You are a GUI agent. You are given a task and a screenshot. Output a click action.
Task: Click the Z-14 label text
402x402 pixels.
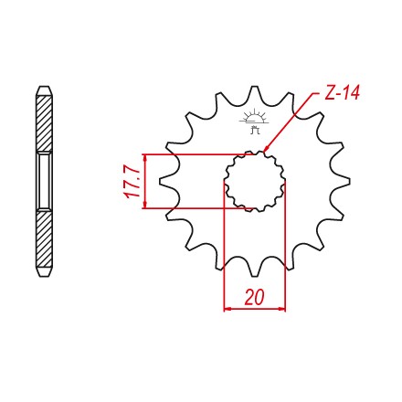tap(342, 93)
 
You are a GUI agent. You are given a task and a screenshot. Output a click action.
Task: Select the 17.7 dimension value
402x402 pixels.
tap(132, 182)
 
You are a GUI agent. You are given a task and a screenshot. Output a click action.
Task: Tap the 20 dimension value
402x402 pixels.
tap(254, 297)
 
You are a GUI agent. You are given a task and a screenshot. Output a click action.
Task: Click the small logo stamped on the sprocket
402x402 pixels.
tap(255, 122)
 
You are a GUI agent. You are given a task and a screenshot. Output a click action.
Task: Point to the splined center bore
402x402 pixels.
tap(255, 182)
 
